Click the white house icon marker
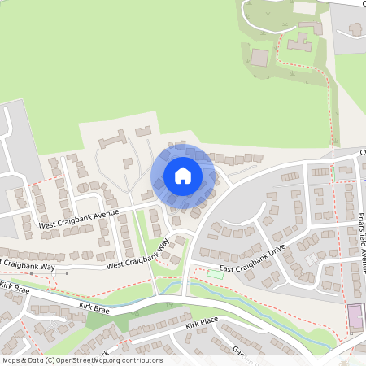point(182,175)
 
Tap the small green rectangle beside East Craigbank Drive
point(215,273)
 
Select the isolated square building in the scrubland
point(259,58)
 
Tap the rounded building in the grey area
point(356,29)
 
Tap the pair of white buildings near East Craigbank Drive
point(312,259)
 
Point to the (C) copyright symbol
point(51,360)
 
